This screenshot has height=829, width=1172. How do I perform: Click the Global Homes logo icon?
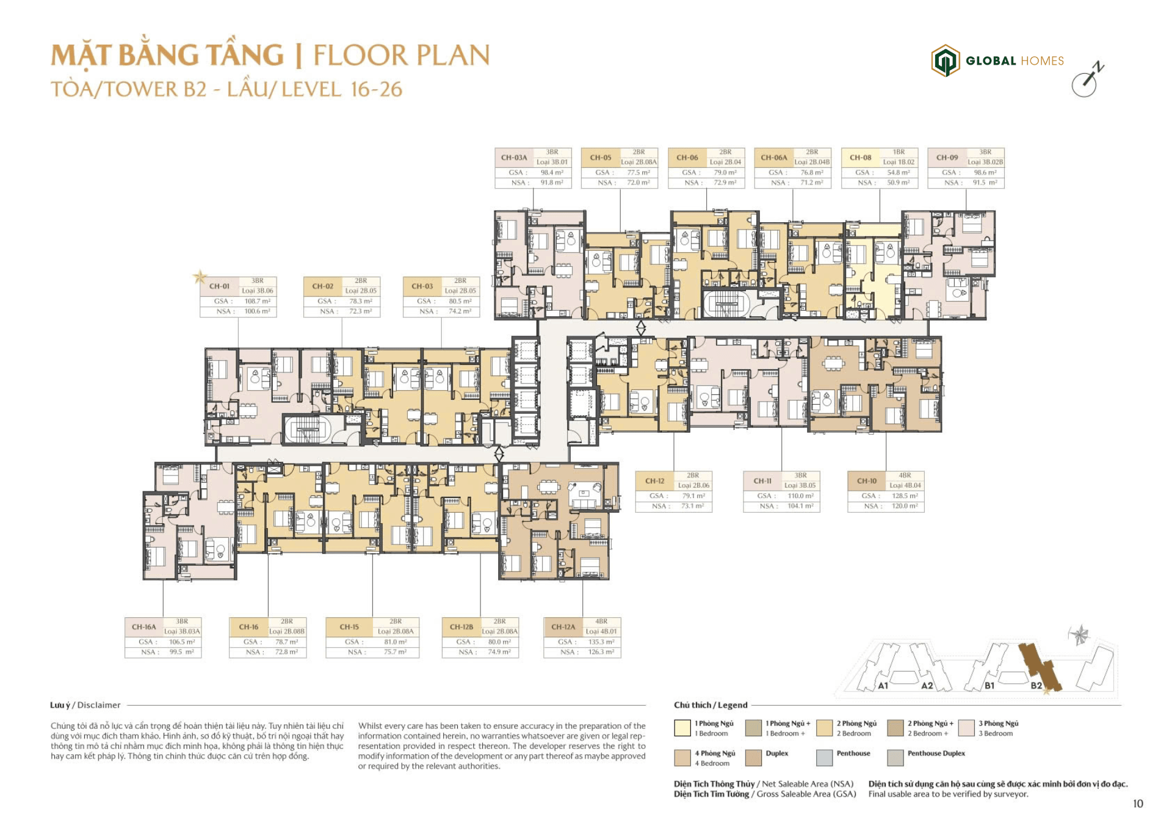click(x=945, y=60)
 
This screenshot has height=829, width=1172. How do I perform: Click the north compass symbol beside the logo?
click(x=1087, y=81)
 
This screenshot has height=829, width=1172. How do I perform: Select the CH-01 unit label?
click(x=219, y=286)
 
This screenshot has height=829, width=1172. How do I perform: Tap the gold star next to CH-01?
click(x=200, y=277)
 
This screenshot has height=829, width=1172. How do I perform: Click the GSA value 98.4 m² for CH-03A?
click(x=551, y=173)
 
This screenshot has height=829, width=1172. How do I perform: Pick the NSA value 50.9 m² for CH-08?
click(x=898, y=183)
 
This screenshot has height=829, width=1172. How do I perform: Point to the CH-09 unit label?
click(x=947, y=157)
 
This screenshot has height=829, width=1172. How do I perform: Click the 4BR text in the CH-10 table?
click(x=905, y=476)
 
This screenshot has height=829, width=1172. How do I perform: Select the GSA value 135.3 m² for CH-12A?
click(x=601, y=642)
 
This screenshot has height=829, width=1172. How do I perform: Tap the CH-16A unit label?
click(x=144, y=627)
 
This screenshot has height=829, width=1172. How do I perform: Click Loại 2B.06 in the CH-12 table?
click(x=693, y=486)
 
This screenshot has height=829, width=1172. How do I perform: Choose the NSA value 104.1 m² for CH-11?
click(x=800, y=506)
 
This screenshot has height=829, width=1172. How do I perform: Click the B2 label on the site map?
click(x=1036, y=686)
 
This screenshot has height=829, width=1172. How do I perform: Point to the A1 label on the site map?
click(x=883, y=686)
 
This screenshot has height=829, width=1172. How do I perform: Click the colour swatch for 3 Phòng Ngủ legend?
click(x=966, y=728)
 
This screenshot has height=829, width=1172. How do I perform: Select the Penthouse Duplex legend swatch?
click(x=895, y=758)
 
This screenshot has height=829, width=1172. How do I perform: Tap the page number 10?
click(x=1138, y=804)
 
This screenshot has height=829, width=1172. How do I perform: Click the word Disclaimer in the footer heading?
click(x=99, y=705)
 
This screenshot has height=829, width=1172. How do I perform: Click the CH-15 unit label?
click(x=349, y=627)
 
